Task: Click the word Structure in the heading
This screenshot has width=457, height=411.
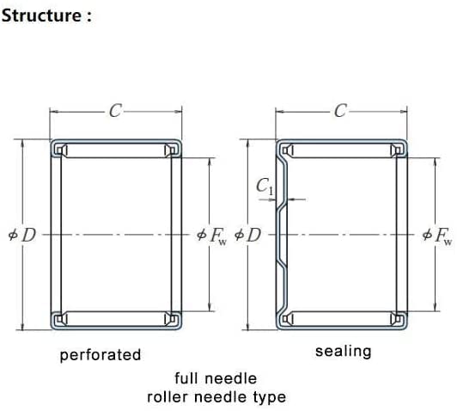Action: (x=42, y=15)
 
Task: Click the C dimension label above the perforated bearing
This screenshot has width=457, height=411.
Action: (x=115, y=111)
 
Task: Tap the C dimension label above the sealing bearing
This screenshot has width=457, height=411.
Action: (x=341, y=111)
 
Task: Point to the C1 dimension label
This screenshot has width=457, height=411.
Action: (x=265, y=187)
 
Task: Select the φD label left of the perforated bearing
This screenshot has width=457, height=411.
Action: (x=22, y=235)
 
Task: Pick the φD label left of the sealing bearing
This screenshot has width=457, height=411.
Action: (x=247, y=235)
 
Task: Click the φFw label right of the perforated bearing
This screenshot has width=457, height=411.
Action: (x=212, y=236)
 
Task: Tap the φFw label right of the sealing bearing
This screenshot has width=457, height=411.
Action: (x=437, y=236)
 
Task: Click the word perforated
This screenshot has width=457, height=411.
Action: (x=101, y=355)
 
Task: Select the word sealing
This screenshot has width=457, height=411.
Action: (x=344, y=352)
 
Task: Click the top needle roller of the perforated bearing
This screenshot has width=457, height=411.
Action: (x=116, y=150)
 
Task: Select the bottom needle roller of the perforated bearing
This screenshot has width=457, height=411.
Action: (x=116, y=318)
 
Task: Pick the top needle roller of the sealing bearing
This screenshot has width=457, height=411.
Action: (x=342, y=150)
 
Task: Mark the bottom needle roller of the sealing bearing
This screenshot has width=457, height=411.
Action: (x=342, y=318)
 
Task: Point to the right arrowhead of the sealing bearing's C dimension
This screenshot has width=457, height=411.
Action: (x=403, y=112)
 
